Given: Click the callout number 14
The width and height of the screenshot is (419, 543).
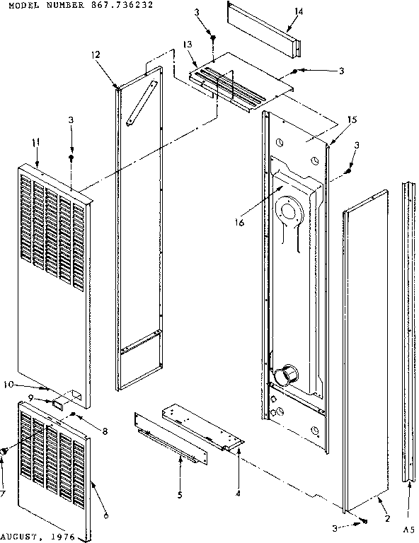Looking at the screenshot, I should [x=299, y=11].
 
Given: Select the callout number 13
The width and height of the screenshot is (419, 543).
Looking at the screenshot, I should [x=188, y=45].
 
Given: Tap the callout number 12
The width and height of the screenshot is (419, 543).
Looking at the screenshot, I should [x=96, y=54].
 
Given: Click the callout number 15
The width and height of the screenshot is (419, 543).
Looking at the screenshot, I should [x=352, y=119].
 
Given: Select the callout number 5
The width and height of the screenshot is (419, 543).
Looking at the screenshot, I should [x=180, y=494].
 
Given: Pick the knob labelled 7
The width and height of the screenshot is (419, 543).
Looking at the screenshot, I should [x=5, y=450].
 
